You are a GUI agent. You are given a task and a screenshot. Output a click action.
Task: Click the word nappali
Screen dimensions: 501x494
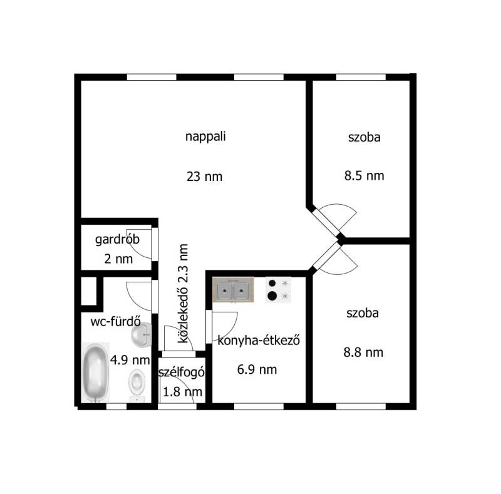coord(205,136)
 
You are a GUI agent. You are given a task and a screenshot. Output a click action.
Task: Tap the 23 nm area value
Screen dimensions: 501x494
coord(205,177)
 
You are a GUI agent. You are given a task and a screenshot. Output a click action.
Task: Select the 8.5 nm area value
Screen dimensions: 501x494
coord(364,176)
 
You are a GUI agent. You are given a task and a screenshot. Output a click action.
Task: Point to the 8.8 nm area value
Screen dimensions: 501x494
coord(364,352)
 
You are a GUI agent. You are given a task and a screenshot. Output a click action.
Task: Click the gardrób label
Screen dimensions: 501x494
coord(117,240)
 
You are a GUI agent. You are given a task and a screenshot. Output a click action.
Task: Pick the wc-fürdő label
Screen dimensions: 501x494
coord(116,321)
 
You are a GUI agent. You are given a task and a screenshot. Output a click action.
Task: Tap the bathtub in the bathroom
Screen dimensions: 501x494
coord(96,373)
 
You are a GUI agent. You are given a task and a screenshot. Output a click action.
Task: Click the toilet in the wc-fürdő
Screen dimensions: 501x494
coord(137,386)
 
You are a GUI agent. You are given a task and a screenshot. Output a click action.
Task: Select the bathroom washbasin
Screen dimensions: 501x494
coord(142,334)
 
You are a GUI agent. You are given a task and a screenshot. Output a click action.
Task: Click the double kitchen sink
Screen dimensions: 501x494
coord(234,290)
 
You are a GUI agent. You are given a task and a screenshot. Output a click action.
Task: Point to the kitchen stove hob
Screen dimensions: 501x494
coord(278,289)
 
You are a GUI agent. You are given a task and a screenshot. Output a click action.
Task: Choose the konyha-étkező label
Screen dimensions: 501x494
coord(259,341)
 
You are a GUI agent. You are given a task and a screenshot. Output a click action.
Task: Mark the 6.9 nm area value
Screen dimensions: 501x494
coord(257,369)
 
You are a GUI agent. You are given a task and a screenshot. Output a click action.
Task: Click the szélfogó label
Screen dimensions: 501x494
coord(182,373)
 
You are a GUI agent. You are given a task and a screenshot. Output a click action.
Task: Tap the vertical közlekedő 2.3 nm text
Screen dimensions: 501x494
coord(183,294)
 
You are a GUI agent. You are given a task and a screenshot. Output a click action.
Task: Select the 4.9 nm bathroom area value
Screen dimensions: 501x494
coord(130,360)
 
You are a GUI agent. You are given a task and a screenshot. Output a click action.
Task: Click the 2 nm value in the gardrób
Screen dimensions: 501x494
coord(118,259)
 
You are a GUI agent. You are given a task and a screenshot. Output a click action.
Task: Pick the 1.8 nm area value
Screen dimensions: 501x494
coord(182,392)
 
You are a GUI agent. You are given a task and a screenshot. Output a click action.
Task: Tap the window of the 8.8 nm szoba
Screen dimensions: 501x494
coord(361,406)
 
